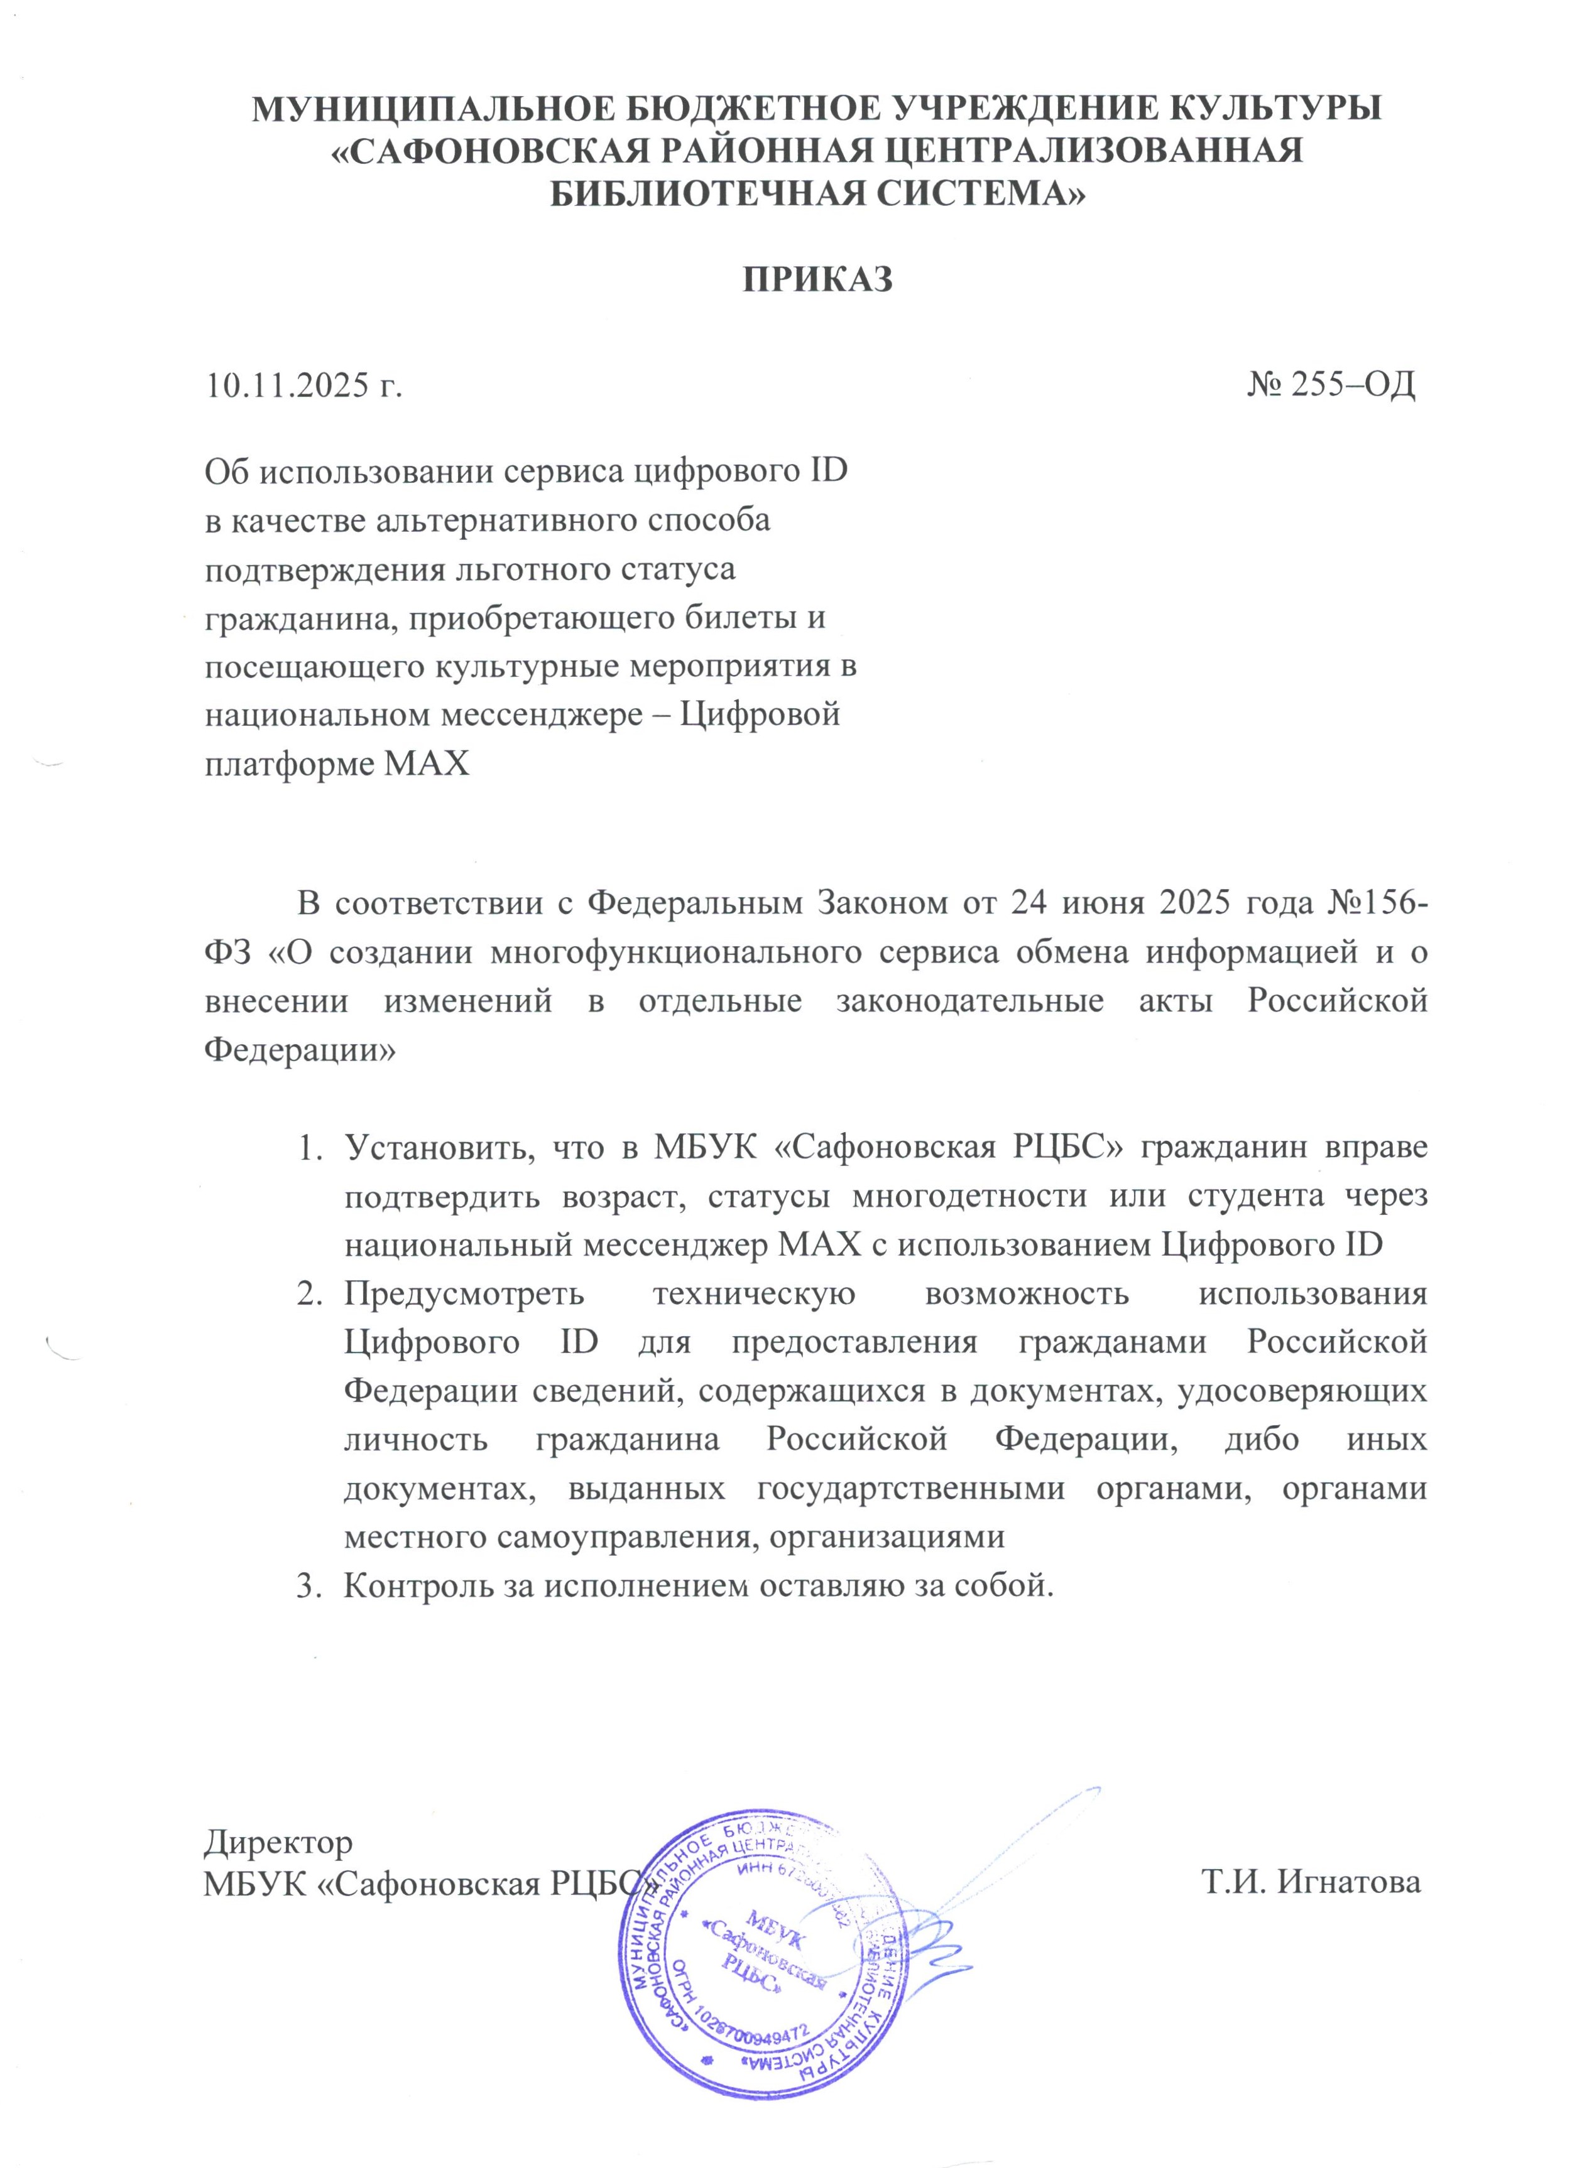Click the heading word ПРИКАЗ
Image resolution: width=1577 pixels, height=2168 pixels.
click(817, 279)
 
